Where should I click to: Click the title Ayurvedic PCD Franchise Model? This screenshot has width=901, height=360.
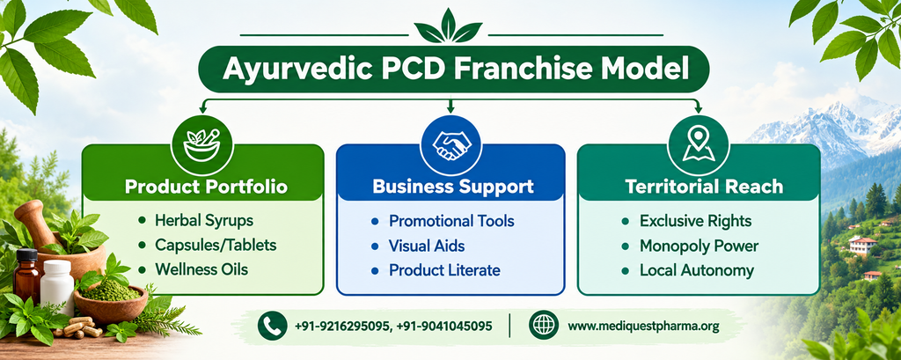pyautogui.click(x=455, y=69)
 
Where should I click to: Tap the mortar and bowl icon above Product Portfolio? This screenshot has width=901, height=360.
pyautogui.click(x=201, y=145)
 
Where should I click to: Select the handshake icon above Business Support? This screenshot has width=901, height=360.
pyautogui.click(x=450, y=145)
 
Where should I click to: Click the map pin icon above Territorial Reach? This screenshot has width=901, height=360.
pyautogui.click(x=698, y=145)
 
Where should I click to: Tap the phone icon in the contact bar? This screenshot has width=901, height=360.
pyautogui.click(x=273, y=326)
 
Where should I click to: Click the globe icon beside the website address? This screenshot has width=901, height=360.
pyautogui.click(x=544, y=326)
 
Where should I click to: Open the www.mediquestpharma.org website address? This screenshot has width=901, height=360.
pyautogui.click(x=643, y=327)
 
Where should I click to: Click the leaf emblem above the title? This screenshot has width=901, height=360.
pyautogui.click(x=448, y=26)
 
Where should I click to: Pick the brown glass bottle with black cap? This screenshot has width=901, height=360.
pyautogui.click(x=27, y=276)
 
